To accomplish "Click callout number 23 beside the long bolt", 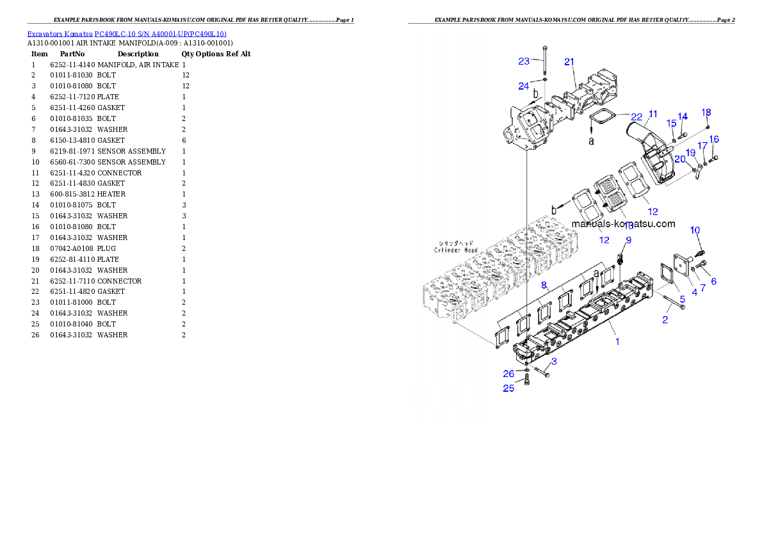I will point(524,61).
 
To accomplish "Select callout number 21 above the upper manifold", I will point(569,62).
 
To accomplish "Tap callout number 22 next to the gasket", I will point(636,117).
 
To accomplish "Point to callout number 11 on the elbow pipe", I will point(652,114).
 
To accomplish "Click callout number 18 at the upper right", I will point(706,112).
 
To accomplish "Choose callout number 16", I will point(714,139).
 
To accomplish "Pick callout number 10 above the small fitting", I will point(695,230).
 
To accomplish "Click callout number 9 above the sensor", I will point(628,240).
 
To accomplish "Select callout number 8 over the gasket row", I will point(544,284).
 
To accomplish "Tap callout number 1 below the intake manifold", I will point(617,341).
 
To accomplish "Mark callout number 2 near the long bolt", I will point(665,320).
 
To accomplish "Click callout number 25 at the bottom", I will point(508,388).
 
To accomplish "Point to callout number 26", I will point(508,374).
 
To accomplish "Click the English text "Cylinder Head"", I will point(454,250).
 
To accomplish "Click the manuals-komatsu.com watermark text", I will point(623,224).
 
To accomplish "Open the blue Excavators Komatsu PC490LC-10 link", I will point(126,33).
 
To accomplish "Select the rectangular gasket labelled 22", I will point(601,118).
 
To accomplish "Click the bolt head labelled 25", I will point(526,382).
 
